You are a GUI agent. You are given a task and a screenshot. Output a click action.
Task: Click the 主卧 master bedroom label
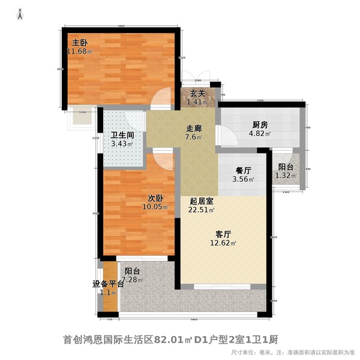pos(80,43)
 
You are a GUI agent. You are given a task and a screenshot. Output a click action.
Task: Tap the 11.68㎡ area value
pos(80,52)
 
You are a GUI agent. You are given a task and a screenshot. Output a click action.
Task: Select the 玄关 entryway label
pos(198,93)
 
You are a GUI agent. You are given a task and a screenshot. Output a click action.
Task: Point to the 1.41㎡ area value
pos(198,102)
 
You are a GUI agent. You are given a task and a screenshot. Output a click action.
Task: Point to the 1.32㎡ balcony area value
pos(285,176)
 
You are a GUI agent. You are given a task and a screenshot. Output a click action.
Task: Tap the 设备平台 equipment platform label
pos(108,284)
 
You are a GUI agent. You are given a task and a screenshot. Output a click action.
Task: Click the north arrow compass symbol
pos(20,14)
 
